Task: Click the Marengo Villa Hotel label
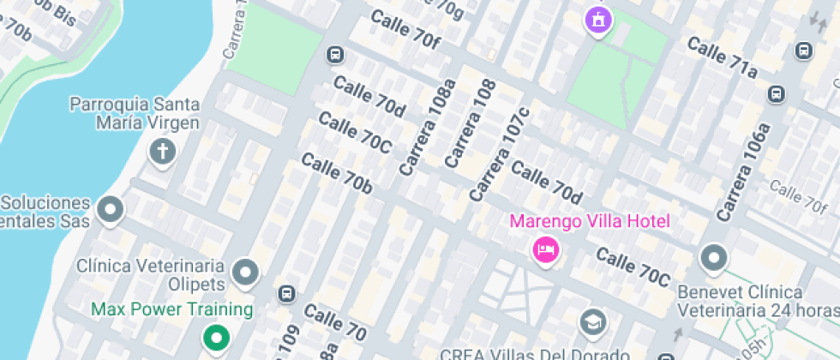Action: [x=590, y=222]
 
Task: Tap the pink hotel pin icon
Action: [x=546, y=250]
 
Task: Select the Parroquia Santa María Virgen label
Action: [x=135, y=113]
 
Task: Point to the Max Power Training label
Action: [x=171, y=309]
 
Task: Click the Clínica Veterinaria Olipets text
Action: [x=151, y=274]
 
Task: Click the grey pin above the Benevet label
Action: [x=713, y=256]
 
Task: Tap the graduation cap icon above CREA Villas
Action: [x=591, y=321]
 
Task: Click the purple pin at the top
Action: [x=597, y=19]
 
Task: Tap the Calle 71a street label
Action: [x=722, y=58]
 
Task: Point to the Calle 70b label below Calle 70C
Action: [x=336, y=173]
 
